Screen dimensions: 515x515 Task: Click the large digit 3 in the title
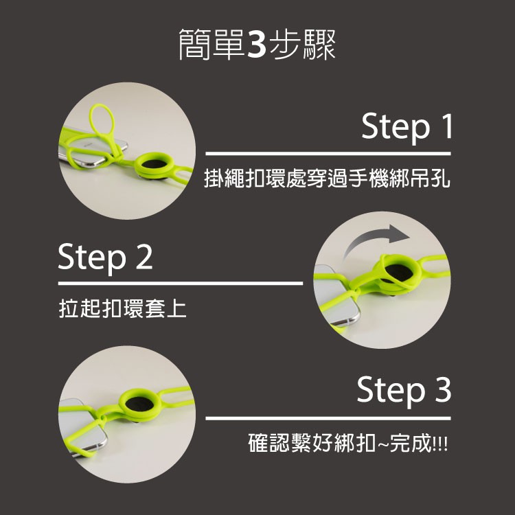[x=256, y=44]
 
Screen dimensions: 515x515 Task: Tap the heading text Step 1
[x=407, y=127]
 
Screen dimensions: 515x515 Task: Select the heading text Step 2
[x=105, y=257]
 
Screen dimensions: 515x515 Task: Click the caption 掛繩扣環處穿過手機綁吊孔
[x=327, y=179]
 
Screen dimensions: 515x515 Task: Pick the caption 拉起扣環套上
[x=122, y=308]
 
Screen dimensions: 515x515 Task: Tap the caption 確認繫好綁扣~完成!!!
[x=348, y=443]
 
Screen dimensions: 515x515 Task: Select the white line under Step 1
[x=328, y=153]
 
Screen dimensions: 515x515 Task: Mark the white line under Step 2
[x=181, y=283]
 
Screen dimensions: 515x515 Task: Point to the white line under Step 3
[x=328, y=418]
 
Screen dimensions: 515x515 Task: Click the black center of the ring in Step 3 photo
[x=139, y=404]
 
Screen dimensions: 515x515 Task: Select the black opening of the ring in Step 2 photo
[x=399, y=273]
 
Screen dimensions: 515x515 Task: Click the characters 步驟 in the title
[x=302, y=45]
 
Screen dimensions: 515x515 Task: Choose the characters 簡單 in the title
[x=211, y=45]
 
